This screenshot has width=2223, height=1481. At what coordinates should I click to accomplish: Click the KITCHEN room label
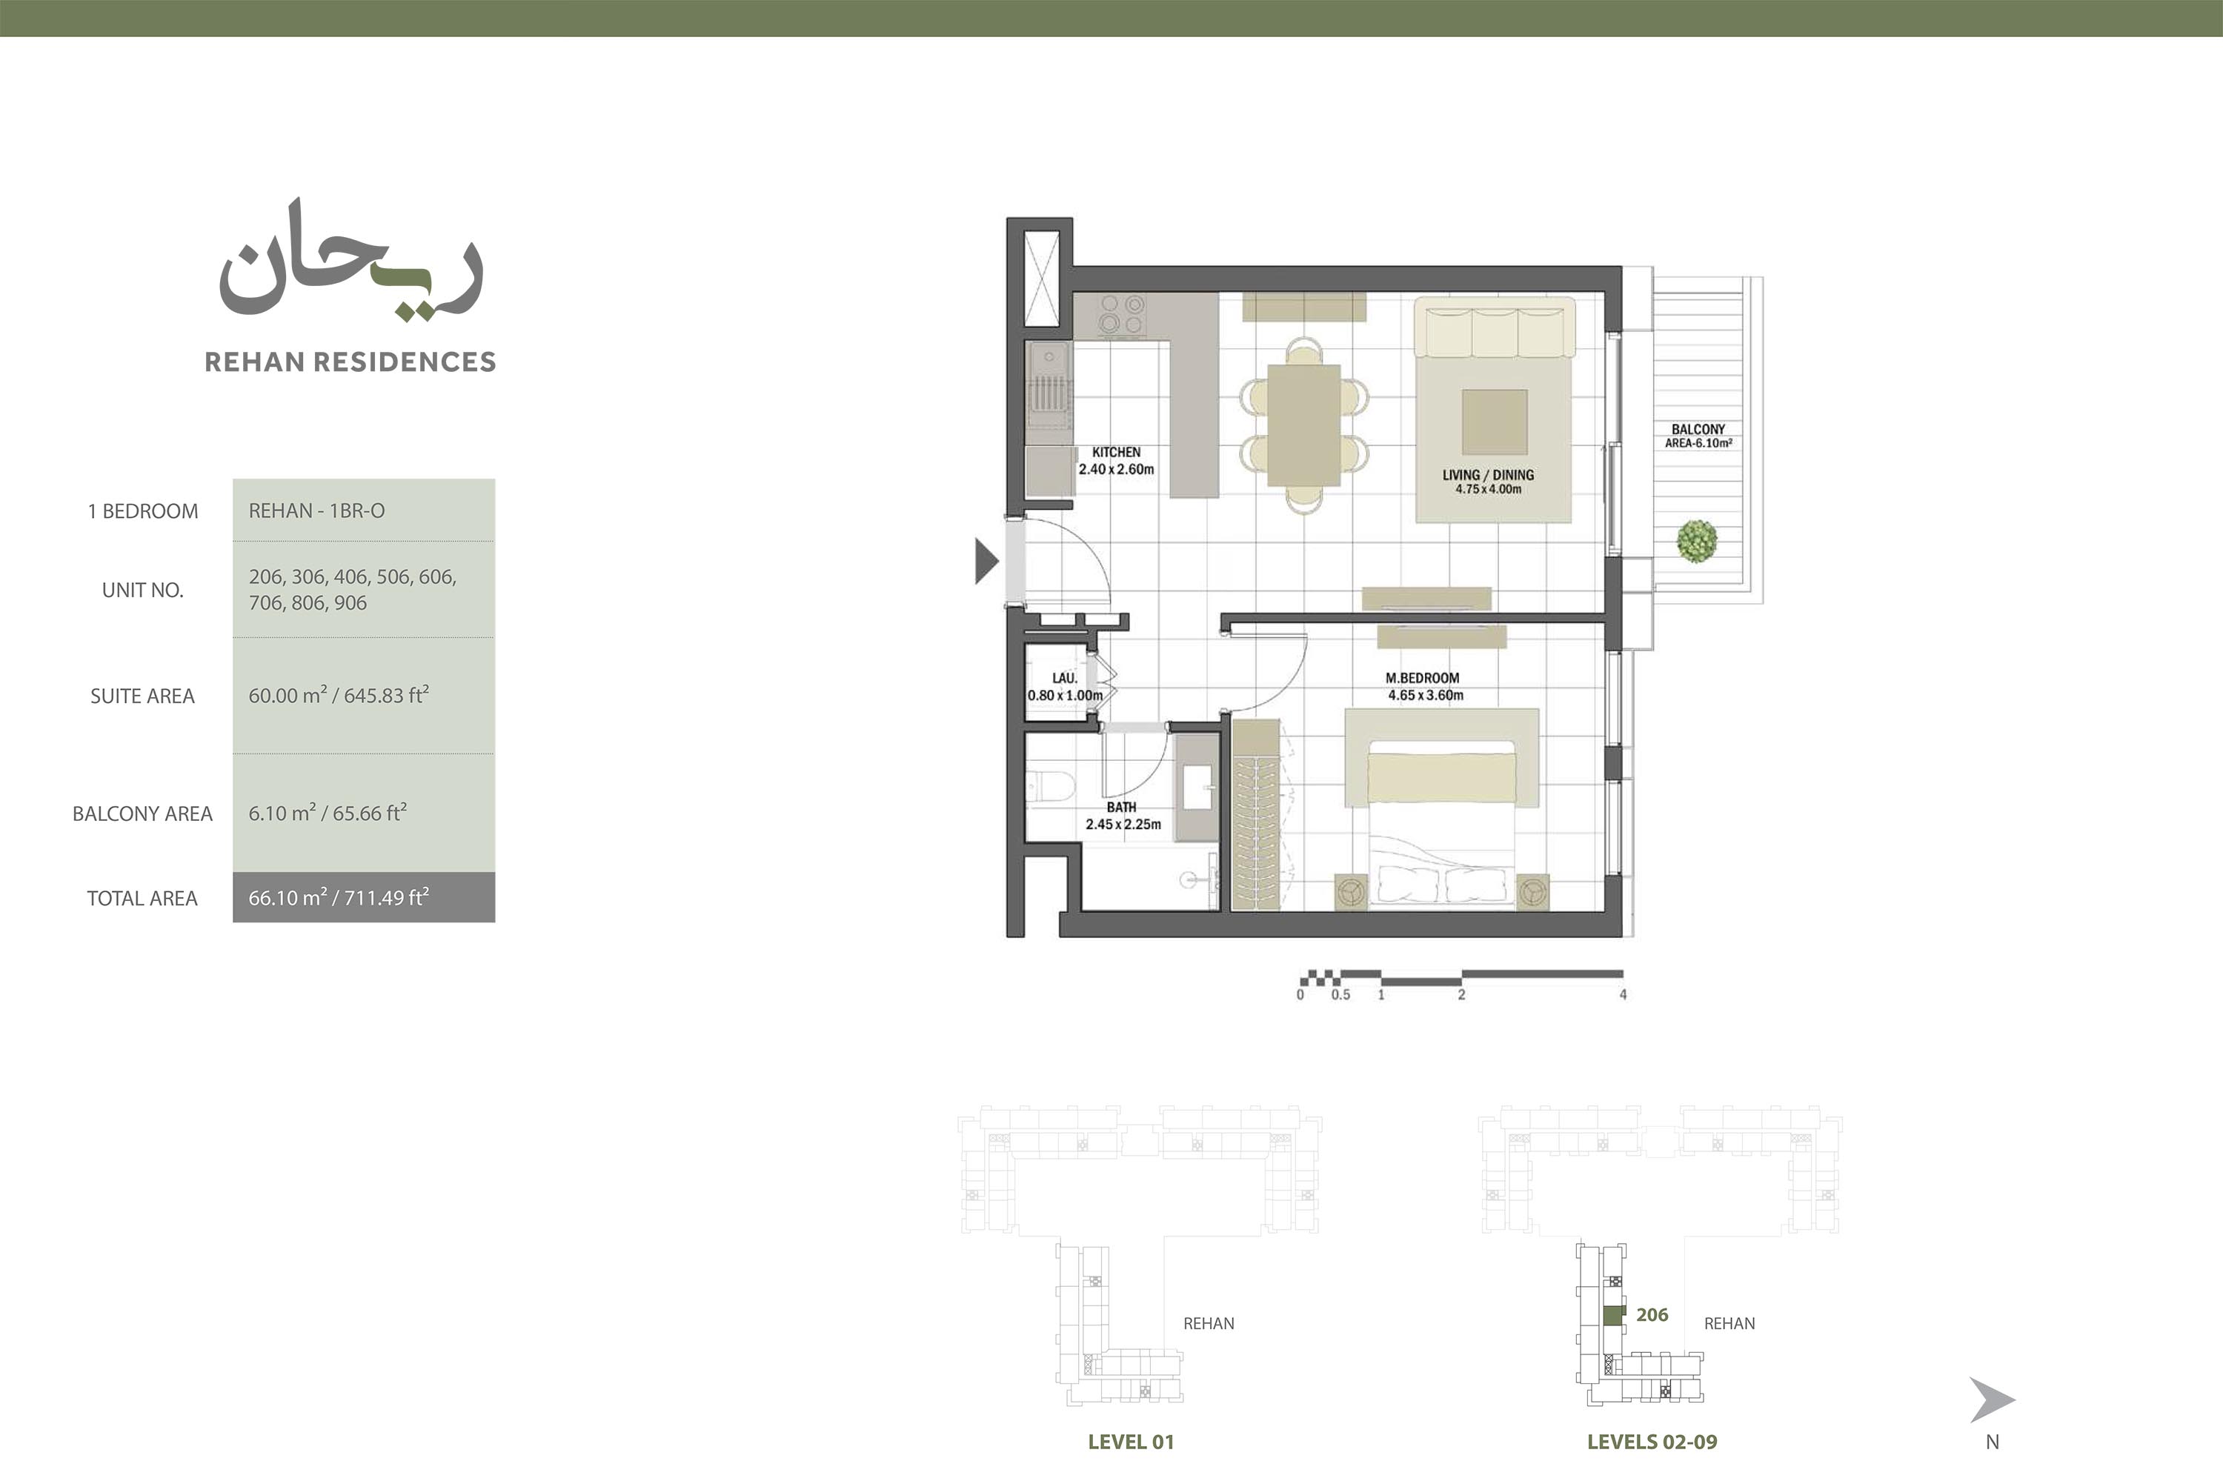click(1116, 453)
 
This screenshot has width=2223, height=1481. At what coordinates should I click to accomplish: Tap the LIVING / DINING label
click(1488, 475)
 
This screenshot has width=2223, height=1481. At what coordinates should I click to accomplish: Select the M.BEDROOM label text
click(1422, 678)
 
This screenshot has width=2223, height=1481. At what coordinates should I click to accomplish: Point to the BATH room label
click(1121, 808)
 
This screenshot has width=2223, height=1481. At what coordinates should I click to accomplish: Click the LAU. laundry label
click(1065, 678)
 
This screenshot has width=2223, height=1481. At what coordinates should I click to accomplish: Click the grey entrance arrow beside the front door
click(986, 561)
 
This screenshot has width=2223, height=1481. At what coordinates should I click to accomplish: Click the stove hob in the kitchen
click(1121, 315)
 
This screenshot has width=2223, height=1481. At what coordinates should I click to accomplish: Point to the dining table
click(1303, 426)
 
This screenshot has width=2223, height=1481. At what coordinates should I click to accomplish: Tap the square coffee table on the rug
click(1495, 422)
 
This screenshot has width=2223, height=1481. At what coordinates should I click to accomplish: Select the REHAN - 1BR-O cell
click(316, 511)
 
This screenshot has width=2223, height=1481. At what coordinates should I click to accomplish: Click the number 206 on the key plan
click(1652, 1315)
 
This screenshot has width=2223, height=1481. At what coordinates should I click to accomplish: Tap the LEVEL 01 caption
click(1131, 1441)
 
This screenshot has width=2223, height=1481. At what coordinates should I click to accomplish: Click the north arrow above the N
click(1992, 1399)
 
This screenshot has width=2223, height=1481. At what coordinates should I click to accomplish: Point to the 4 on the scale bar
click(1623, 994)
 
